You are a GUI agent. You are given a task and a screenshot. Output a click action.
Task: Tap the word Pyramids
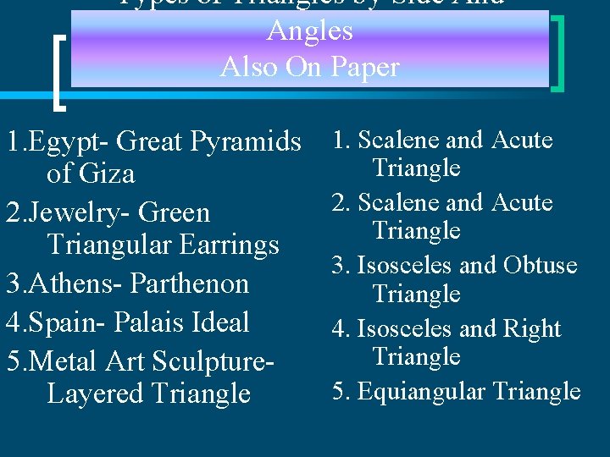click(249, 140)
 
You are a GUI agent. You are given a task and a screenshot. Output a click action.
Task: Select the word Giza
click(105, 173)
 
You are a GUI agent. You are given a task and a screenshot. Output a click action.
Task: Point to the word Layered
click(96, 394)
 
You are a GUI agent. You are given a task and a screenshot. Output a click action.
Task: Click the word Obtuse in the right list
click(540, 265)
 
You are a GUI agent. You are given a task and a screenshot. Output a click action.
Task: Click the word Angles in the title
click(310, 30)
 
